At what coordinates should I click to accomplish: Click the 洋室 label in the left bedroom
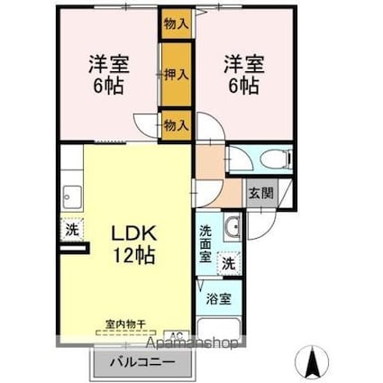click(x=107, y=64)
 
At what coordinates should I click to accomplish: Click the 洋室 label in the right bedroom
click(x=243, y=64)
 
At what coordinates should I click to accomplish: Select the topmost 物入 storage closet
click(x=177, y=23)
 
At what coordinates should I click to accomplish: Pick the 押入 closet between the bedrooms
click(x=177, y=75)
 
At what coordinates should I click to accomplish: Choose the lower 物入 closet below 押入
click(x=177, y=125)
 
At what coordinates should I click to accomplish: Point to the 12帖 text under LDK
click(x=133, y=255)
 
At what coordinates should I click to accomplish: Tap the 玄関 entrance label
click(x=260, y=191)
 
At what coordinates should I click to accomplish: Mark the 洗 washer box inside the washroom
click(x=230, y=264)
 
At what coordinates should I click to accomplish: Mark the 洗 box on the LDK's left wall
click(x=72, y=230)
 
